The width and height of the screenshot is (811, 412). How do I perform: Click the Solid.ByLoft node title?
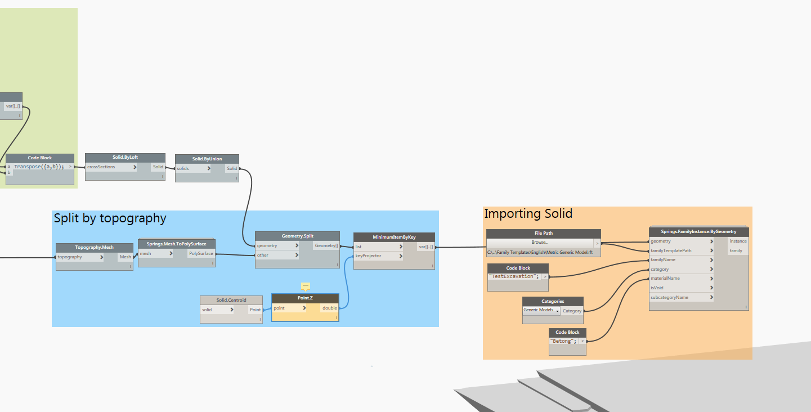click(125, 158)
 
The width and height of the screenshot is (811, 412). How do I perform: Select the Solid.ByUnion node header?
click(207, 159)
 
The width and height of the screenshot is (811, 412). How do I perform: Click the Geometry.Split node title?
click(297, 236)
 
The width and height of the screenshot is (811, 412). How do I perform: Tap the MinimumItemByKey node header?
click(394, 237)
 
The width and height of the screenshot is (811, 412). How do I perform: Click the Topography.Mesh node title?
click(94, 247)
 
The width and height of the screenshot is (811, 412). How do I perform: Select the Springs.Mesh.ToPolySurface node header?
click(176, 244)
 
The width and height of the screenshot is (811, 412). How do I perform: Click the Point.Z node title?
click(305, 298)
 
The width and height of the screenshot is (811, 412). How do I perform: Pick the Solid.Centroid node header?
click(231, 300)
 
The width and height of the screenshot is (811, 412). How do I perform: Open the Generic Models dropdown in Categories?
click(541, 310)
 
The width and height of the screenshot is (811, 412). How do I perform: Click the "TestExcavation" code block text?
click(514, 276)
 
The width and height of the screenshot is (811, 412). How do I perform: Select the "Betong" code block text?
click(563, 341)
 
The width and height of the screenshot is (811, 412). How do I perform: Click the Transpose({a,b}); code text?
click(39, 167)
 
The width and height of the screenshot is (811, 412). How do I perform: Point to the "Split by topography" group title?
click(110, 218)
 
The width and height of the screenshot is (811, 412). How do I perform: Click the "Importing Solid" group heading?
click(528, 214)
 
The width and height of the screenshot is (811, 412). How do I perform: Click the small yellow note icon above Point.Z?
click(306, 285)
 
